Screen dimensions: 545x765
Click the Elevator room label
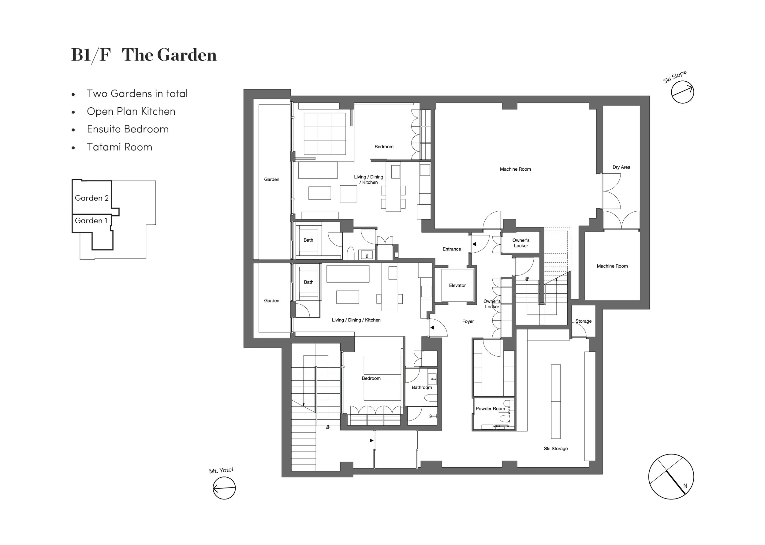point(457,286)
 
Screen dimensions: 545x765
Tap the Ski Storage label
point(555,449)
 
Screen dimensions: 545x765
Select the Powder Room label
point(490,409)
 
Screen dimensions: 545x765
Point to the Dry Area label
point(621,167)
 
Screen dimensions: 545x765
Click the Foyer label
point(468,321)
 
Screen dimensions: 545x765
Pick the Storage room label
point(584,321)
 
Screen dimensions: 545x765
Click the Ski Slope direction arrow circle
point(682,92)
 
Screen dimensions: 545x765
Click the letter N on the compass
point(685,486)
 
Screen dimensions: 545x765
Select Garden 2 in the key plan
point(91,198)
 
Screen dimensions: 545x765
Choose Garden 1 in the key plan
point(91,221)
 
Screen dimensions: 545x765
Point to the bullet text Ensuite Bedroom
point(128,129)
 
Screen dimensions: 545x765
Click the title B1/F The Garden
point(144,55)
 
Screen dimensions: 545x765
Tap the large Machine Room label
point(515,169)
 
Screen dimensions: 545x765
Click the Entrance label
point(451,249)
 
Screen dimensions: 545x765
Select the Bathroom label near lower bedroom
point(422,387)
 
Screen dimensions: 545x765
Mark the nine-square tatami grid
point(325,133)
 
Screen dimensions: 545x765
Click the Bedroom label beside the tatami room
point(384,147)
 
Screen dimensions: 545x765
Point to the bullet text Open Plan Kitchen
point(131,111)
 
